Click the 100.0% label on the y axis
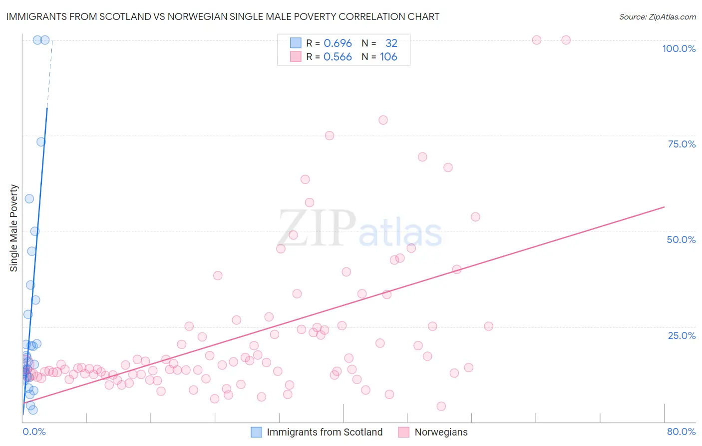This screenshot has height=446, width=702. (x=679, y=48)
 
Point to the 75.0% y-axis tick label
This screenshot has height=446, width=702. (x=682, y=144)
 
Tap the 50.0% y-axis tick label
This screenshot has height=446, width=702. (x=681, y=239)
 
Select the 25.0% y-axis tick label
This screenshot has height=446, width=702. (x=682, y=335)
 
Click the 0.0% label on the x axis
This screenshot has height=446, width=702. (x=34, y=431)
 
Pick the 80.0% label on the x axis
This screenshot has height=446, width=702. (x=681, y=431)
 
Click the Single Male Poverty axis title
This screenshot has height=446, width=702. (x=14, y=228)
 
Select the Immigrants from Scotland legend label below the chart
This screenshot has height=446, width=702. (x=325, y=432)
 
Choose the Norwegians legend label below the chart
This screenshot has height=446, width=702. (x=441, y=432)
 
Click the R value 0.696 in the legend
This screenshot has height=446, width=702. (x=338, y=43)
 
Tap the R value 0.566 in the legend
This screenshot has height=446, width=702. (x=338, y=57)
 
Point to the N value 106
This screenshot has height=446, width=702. (x=388, y=57)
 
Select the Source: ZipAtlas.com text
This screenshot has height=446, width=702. (x=657, y=17)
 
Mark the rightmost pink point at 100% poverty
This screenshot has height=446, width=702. (x=566, y=40)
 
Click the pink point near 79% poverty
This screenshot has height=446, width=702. (x=383, y=120)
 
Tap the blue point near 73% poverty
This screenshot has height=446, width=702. (x=41, y=142)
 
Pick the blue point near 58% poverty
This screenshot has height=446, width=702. (x=29, y=198)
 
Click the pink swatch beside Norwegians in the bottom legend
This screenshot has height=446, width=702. (x=403, y=432)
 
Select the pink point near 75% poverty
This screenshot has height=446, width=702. (x=329, y=135)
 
